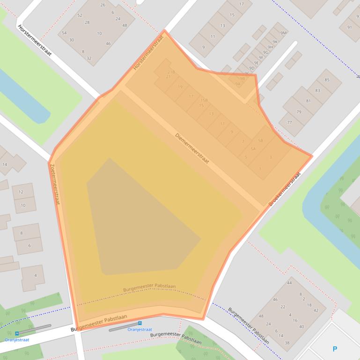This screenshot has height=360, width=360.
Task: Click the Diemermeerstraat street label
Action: (192, 148)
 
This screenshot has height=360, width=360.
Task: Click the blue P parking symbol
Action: (335, 349)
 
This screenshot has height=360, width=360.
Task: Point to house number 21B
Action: (171, 72)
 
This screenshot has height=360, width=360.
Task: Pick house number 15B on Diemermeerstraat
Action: (204, 100)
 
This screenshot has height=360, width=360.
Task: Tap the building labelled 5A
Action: (253, 149)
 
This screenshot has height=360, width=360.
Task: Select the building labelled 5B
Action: (260, 140)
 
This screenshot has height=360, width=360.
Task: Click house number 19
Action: (180, 87)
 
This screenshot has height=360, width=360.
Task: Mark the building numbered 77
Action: (289, 122)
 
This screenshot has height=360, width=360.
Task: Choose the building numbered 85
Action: (327, 80)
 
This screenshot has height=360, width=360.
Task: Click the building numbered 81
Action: (308, 101)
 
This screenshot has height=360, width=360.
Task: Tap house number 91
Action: (349, 27)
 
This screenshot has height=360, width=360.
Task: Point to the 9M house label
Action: (283, 33)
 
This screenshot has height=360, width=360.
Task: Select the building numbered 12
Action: (21, 192)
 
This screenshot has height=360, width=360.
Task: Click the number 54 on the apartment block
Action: (64, 33)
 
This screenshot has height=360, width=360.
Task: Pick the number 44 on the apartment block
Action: (289, 283)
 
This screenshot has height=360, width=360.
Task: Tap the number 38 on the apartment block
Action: (287, 343)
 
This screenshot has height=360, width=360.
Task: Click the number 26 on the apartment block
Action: (103, 5)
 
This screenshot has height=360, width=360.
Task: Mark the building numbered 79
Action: (299, 112)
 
